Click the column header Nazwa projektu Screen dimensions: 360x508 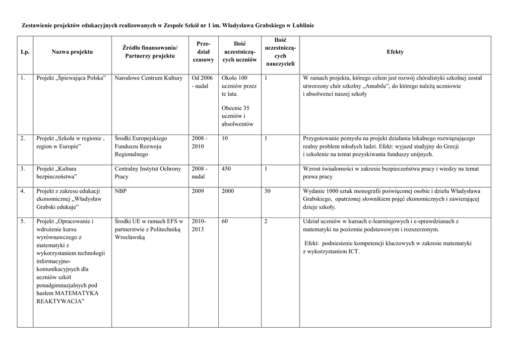72,52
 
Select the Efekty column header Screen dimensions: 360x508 395,52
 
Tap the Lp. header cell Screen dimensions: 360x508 25,52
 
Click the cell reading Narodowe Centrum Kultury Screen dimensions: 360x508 148,78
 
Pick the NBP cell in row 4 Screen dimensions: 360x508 120,191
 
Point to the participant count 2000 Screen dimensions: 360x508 228,191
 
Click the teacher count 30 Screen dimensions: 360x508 268,191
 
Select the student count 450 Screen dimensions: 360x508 226,169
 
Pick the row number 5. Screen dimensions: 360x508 23,221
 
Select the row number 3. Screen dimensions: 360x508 23,169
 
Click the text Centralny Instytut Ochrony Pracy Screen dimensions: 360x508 147,172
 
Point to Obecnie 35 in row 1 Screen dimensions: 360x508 235,108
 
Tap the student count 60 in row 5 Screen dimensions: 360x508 225,221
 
